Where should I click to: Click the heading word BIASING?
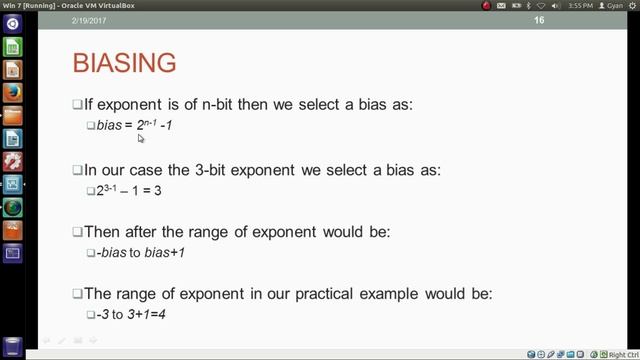point(125,63)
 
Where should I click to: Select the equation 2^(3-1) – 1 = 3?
point(129,190)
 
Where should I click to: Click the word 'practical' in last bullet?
point(359,294)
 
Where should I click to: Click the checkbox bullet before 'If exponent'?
point(77,105)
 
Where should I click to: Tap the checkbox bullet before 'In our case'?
point(77,170)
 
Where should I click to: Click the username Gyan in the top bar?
point(614,6)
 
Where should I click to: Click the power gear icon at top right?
point(632,6)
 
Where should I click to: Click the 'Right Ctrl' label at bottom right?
point(622,354)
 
